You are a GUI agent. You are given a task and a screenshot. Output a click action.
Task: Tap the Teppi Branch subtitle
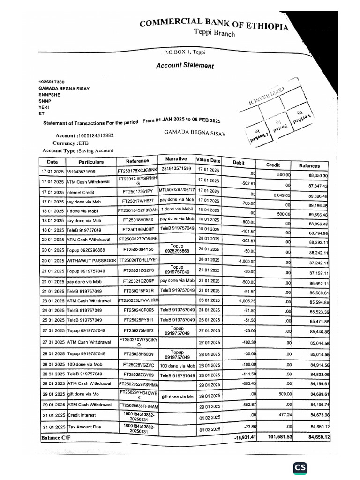214,33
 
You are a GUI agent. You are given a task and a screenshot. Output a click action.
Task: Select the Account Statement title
185,66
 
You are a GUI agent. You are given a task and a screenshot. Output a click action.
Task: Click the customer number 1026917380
52,82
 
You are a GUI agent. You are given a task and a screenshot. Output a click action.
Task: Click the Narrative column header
176,159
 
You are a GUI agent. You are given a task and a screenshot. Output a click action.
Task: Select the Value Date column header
208,160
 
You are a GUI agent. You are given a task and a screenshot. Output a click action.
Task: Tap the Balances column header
309,165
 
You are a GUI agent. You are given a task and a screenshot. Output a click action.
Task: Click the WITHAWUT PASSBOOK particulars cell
91,260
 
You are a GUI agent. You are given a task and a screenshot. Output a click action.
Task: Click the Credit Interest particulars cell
82,416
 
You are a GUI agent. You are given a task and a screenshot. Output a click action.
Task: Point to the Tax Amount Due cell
84,427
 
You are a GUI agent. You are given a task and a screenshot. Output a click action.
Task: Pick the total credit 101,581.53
280,437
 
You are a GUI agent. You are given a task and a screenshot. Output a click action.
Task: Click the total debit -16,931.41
245,437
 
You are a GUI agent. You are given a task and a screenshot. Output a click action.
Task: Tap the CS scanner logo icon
300,467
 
